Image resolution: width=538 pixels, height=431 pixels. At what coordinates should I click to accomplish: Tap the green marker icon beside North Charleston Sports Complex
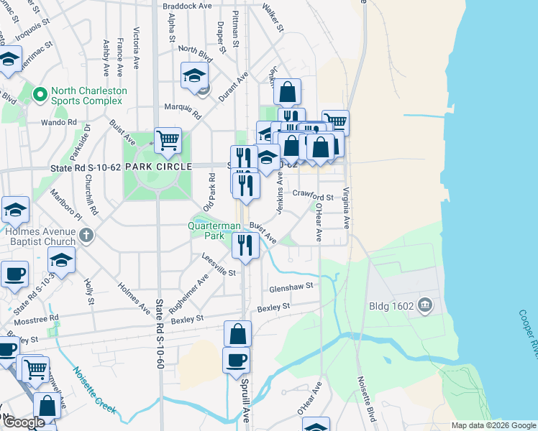pyautogui.click(x=39, y=92)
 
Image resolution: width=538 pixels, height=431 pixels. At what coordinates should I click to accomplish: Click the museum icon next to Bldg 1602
pyautogui.click(x=426, y=306)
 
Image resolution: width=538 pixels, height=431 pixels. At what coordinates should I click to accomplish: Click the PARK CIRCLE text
pyautogui.click(x=158, y=167)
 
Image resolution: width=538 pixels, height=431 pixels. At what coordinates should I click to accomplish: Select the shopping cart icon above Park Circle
pyautogui.click(x=168, y=140)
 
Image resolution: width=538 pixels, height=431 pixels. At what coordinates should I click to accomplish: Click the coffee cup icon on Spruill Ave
pyautogui.click(x=236, y=359)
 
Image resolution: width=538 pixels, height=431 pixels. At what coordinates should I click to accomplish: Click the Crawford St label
pyautogui.click(x=313, y=195)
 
